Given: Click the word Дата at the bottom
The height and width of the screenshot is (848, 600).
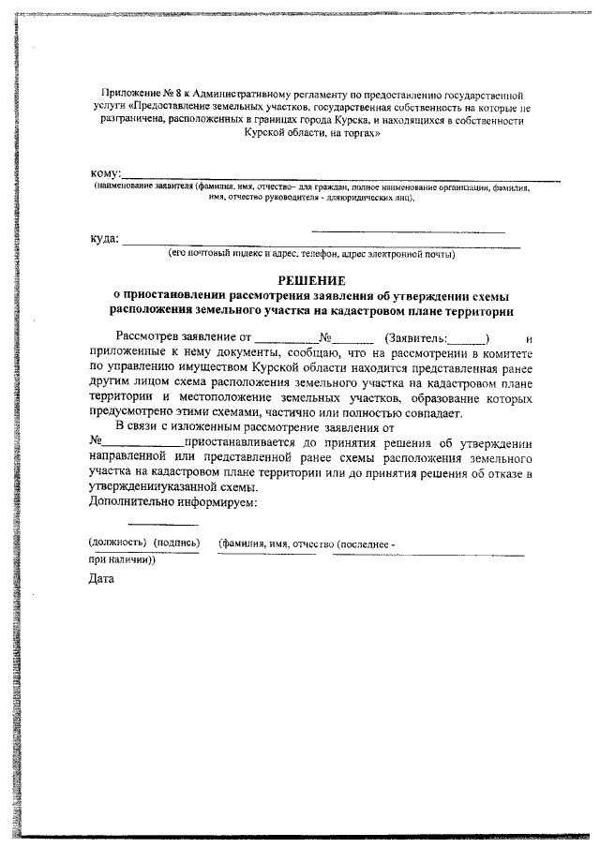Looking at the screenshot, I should click(101, 578).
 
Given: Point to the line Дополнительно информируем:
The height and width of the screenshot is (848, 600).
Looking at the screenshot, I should click(172, 502).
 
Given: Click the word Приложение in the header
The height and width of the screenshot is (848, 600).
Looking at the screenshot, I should click(131, 96).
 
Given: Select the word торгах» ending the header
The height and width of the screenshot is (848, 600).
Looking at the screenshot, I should click(359, 135).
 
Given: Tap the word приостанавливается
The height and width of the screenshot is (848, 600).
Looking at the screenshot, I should click(243, 442).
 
